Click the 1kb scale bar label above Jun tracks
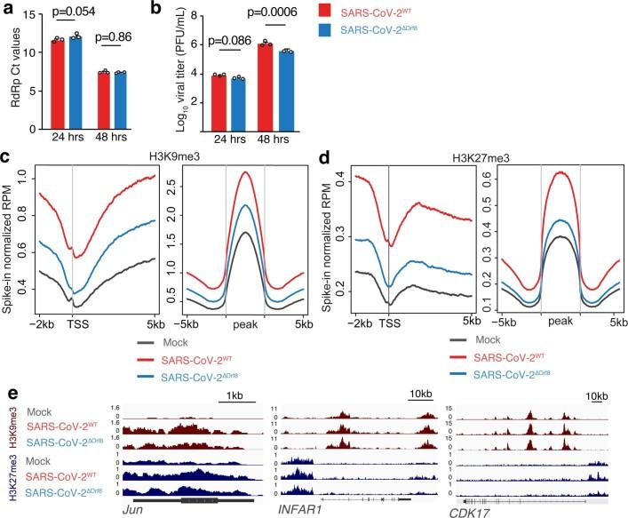coord(234,395)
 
